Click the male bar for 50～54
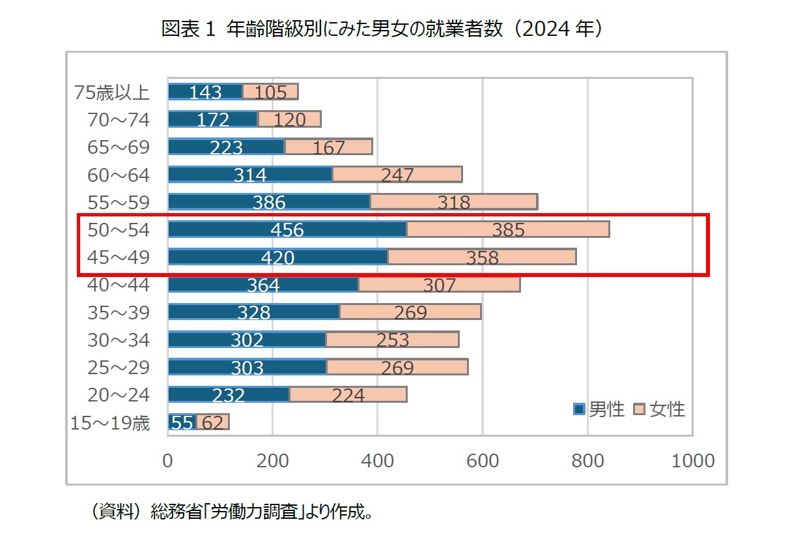click(x=287, y=229)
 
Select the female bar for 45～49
click(x=481, y=257)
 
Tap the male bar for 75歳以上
click(x=205, y=92)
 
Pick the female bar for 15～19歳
click(x=212, y=422)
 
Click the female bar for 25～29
click(x=397, y=367)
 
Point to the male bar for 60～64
click(x=250, y=174)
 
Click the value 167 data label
click(x=329, y=148)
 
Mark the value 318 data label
click(x=454, y=203)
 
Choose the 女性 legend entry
click(x=659, y=409)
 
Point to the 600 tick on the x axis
click(x=483, y=461)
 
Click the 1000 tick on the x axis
click(x=692, y=461)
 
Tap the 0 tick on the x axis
click(x=168, y=461)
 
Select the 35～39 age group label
click(x=119, y=313)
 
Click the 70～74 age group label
click(x=119, y=120)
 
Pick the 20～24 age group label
click(x=119, y=395)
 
